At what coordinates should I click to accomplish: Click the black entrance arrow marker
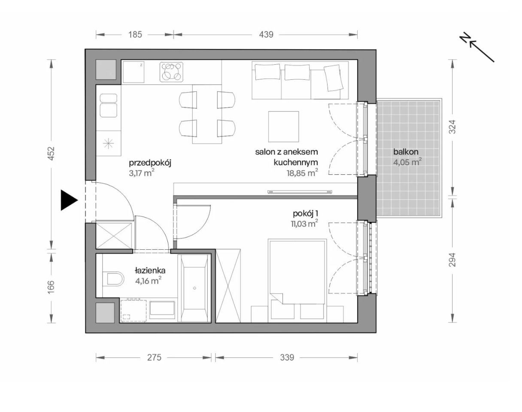tap(68, 200)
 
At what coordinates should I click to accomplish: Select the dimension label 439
tap(266, 35)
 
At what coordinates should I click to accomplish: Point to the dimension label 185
tap(135, 35)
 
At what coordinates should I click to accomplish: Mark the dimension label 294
tap(452, 260)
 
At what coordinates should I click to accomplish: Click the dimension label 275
tap(154, 357)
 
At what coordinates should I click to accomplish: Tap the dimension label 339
tap(287, 357)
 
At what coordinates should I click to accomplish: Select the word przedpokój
tap(150, 163)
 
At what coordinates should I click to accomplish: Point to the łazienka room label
tap(150, 271)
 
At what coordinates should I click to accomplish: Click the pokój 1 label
tap(305, 213)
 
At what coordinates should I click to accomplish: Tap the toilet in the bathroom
tap(113, 280)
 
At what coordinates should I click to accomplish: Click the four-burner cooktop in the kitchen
tap(172, 72)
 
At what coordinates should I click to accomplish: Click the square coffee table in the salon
tap(283, 126)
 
